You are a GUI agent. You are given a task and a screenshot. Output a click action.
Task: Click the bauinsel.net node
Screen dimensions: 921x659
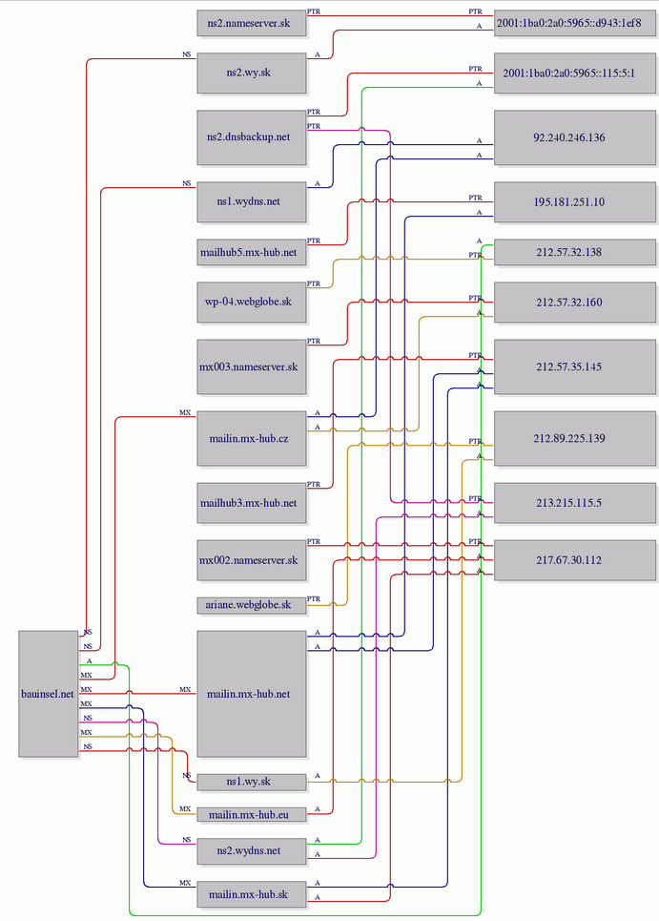48,693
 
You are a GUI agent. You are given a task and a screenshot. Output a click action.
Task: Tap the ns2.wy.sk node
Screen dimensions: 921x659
252,73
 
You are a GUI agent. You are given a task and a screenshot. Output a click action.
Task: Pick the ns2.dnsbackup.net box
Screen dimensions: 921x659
252,136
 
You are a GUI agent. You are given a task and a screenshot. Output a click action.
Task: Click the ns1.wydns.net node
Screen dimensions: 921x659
252,201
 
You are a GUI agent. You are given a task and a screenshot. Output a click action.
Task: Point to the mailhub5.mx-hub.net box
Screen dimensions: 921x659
252,254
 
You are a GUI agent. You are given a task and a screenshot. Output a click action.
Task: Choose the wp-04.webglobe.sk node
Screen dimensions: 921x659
252,302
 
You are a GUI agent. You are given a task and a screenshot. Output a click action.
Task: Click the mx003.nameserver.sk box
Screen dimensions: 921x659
252,366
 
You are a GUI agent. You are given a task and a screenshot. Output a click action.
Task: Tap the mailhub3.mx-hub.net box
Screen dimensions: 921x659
252,502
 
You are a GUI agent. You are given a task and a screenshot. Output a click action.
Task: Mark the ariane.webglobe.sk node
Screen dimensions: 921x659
252,604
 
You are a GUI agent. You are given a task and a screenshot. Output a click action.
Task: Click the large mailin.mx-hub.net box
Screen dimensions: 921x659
252,693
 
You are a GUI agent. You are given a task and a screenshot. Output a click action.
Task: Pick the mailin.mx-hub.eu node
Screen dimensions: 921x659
252,814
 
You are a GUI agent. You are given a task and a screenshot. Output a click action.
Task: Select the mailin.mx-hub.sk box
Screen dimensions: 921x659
252,895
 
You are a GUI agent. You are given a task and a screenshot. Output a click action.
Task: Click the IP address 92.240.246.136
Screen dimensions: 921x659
575,137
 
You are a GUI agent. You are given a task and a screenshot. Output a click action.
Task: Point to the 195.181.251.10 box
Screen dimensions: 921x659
575,202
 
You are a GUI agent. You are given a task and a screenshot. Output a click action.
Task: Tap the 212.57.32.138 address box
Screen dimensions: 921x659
575,253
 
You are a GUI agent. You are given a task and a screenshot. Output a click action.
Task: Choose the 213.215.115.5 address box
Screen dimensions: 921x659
575,502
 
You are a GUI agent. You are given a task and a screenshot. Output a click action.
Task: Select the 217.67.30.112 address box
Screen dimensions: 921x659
575,559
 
